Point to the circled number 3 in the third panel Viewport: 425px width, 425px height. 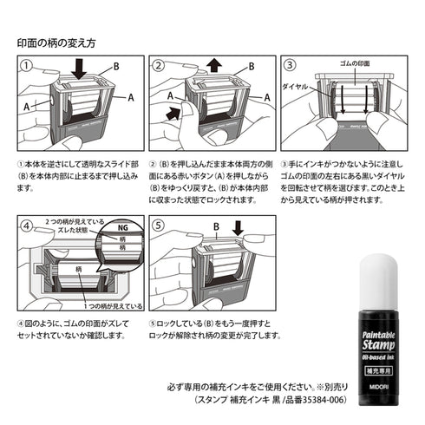290,65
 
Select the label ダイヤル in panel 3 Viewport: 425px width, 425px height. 294,87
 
